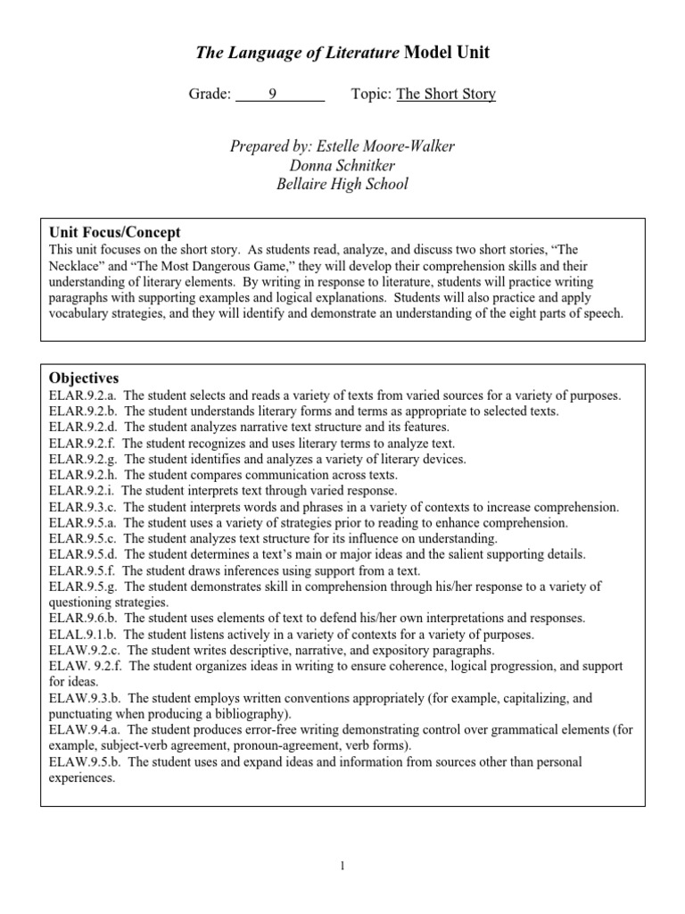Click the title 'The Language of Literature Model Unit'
pos(342,54)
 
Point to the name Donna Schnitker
pos(342,165)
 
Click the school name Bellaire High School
pos(342,185)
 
